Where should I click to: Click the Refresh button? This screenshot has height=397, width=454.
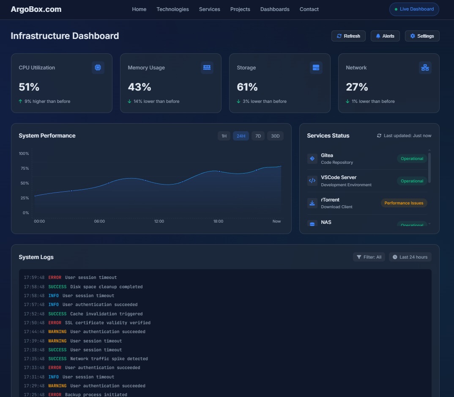348,36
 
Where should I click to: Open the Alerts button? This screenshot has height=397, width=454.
385,36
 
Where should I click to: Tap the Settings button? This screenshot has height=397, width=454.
422,36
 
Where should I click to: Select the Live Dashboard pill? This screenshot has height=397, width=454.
414,9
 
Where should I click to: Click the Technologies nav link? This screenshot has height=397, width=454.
172,9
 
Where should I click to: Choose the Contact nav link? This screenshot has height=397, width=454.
309,9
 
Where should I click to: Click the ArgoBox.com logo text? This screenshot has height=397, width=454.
36,9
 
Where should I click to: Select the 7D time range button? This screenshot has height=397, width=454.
258,136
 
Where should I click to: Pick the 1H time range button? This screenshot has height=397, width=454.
224,136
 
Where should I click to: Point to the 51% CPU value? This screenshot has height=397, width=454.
29,87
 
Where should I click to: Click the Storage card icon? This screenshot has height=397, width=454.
316,68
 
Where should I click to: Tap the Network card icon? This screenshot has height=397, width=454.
425,68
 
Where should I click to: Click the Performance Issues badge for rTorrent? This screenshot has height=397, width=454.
404,203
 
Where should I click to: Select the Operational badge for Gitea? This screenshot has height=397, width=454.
412,159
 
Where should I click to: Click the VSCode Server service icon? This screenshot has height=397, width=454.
312,181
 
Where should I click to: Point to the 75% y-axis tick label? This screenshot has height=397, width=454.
24,168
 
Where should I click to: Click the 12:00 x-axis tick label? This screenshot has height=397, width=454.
159,221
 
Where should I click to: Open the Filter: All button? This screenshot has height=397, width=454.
369,257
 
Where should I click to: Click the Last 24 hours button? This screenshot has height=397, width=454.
410,257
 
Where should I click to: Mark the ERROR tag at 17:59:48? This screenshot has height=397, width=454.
55,278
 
